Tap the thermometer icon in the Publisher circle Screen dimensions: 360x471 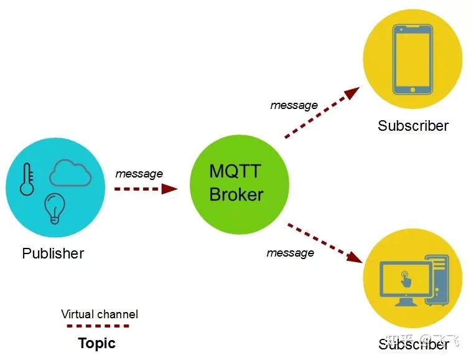point(27,179)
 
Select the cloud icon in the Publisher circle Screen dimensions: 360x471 point(70,173)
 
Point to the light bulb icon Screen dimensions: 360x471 point(55,208)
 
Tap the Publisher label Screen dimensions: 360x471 point(53,253)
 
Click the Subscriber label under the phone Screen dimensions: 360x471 point(413,126)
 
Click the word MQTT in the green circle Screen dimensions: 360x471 point(236,171)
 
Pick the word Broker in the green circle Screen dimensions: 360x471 point(236,194)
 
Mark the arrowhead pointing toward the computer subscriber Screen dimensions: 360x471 point(355,257)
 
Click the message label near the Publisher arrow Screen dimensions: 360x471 point(139,174)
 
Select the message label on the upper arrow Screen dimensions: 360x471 point(294,105)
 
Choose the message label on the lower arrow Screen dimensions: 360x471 point(290,253)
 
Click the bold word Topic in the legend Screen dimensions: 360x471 point(96,343)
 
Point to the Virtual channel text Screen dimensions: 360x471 point(100,314)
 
